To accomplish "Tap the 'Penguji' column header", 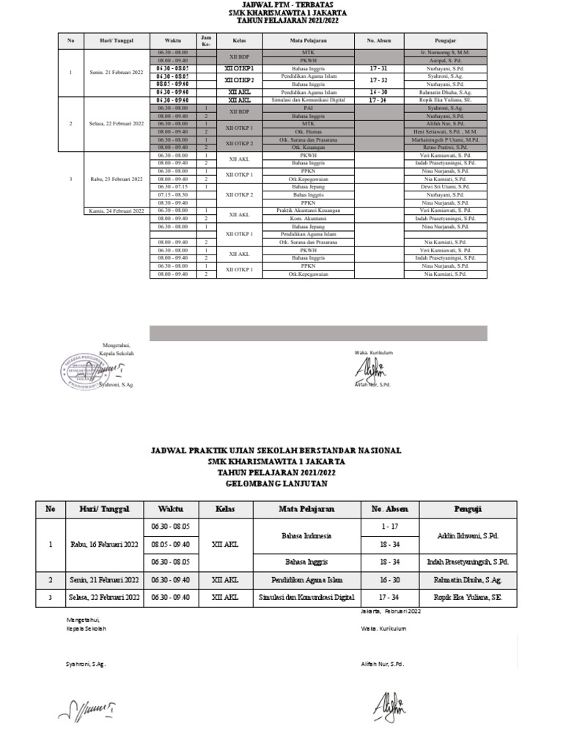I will (468, 509).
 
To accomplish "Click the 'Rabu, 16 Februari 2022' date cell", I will (104, 544).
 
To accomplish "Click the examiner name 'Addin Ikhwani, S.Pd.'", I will (468, 535).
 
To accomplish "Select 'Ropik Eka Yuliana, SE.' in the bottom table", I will (468, 597).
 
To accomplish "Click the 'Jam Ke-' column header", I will (206, 40).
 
